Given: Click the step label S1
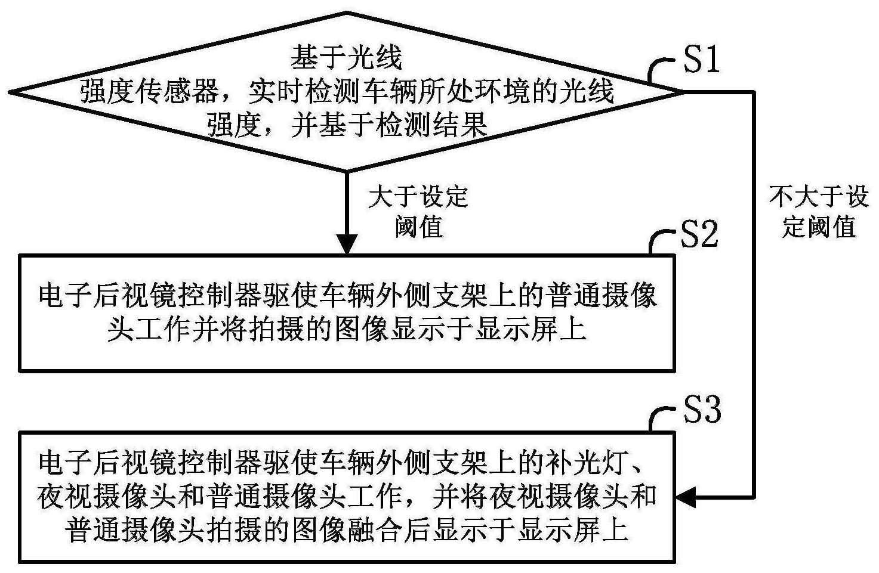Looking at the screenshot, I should (702, 60).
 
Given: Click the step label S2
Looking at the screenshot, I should (700, 236).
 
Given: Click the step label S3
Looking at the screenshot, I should (702, 410).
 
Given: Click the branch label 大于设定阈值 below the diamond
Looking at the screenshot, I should (418, 212).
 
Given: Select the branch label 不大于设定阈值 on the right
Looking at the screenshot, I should (819, 212).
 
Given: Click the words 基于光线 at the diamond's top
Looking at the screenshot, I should (347, 58).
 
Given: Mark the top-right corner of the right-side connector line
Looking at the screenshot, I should (754, 92).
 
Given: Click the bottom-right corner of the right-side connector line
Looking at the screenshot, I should (754, 497).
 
